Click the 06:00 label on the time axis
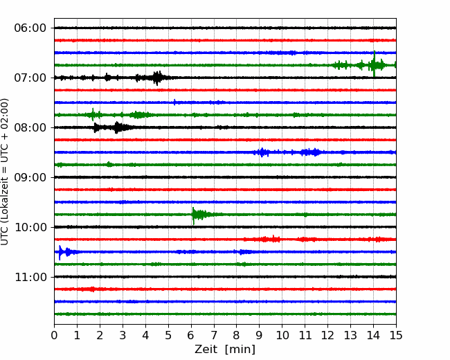click(30, 28)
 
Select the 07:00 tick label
click(30, 78)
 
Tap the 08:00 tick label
click(30, 127)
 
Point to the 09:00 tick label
click(30, 177)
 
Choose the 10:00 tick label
click(30, 227)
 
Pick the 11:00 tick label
click(30, 277)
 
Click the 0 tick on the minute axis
click(54, 335)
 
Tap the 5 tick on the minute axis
click(168, 335)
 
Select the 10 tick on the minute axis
click(282, 335)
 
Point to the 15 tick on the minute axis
click(396, 335)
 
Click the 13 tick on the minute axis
click(350, 335)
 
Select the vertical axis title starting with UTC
click(5, 172)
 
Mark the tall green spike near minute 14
click(374, 64)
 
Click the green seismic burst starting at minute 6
click(201, 215)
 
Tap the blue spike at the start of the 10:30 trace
click(60, 252)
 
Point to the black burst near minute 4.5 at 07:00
click(156, 78)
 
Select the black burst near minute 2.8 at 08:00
click(118, 127)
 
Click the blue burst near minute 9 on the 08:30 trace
click(262, 152)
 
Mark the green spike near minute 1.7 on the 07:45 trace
click(92, 114)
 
